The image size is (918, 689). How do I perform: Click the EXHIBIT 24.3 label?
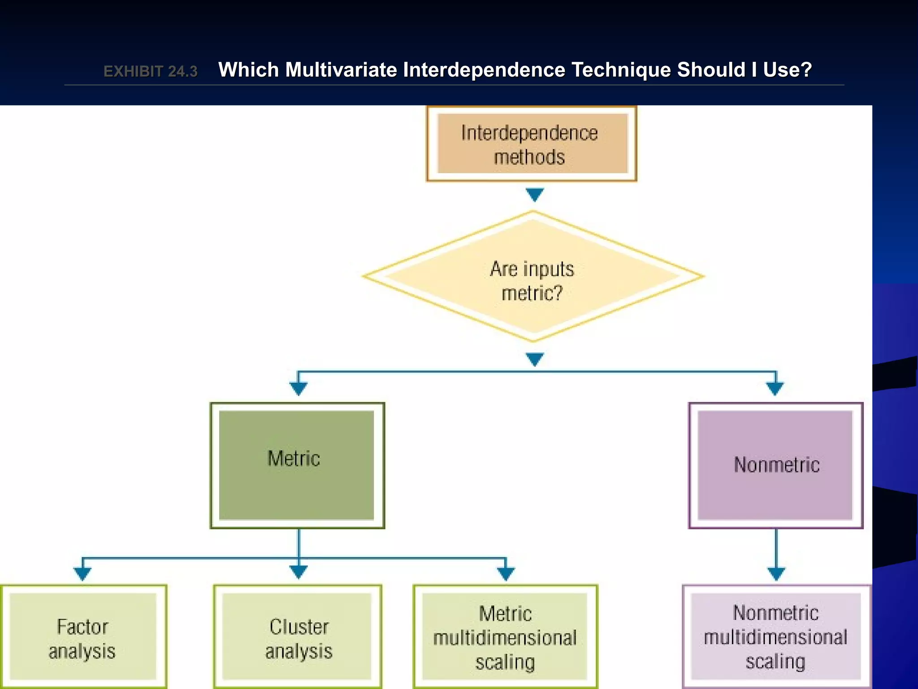150,71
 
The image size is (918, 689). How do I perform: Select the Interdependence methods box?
532,144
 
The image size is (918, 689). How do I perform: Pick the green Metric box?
297,465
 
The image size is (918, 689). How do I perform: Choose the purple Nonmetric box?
775,465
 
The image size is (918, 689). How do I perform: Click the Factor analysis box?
83,637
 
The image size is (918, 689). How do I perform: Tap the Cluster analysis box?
298,637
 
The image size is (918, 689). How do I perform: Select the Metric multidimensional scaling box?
505,637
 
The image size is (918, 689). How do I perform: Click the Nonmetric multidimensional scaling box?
776,637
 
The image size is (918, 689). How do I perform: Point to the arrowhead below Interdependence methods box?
534,194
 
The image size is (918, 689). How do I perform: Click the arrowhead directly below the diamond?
534,359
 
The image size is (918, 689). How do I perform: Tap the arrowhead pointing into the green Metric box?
298,388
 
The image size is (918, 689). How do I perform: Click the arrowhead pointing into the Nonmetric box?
775,388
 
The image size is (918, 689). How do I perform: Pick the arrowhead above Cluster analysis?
299,571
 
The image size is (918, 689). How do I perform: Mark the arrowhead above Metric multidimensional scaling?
506,573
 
